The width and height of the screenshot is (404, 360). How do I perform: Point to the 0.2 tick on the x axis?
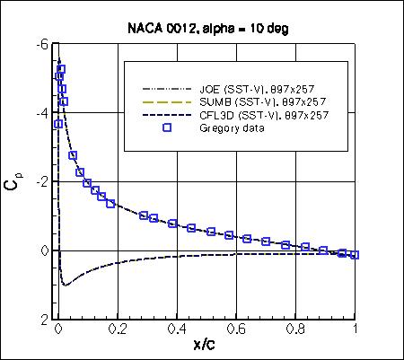[117, 330]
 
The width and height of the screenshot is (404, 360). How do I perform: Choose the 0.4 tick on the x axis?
[177, 330]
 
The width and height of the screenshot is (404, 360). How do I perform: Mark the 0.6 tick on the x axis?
[236, 330]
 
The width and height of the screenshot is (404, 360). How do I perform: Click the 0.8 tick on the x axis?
[296, 330]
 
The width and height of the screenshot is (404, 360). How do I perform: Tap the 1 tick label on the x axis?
[356, 330]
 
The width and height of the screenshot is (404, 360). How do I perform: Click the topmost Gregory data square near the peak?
[61, 69]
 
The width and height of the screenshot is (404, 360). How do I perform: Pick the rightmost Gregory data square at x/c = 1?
[356, 255]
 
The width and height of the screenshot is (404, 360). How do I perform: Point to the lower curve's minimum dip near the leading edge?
[64, 285]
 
